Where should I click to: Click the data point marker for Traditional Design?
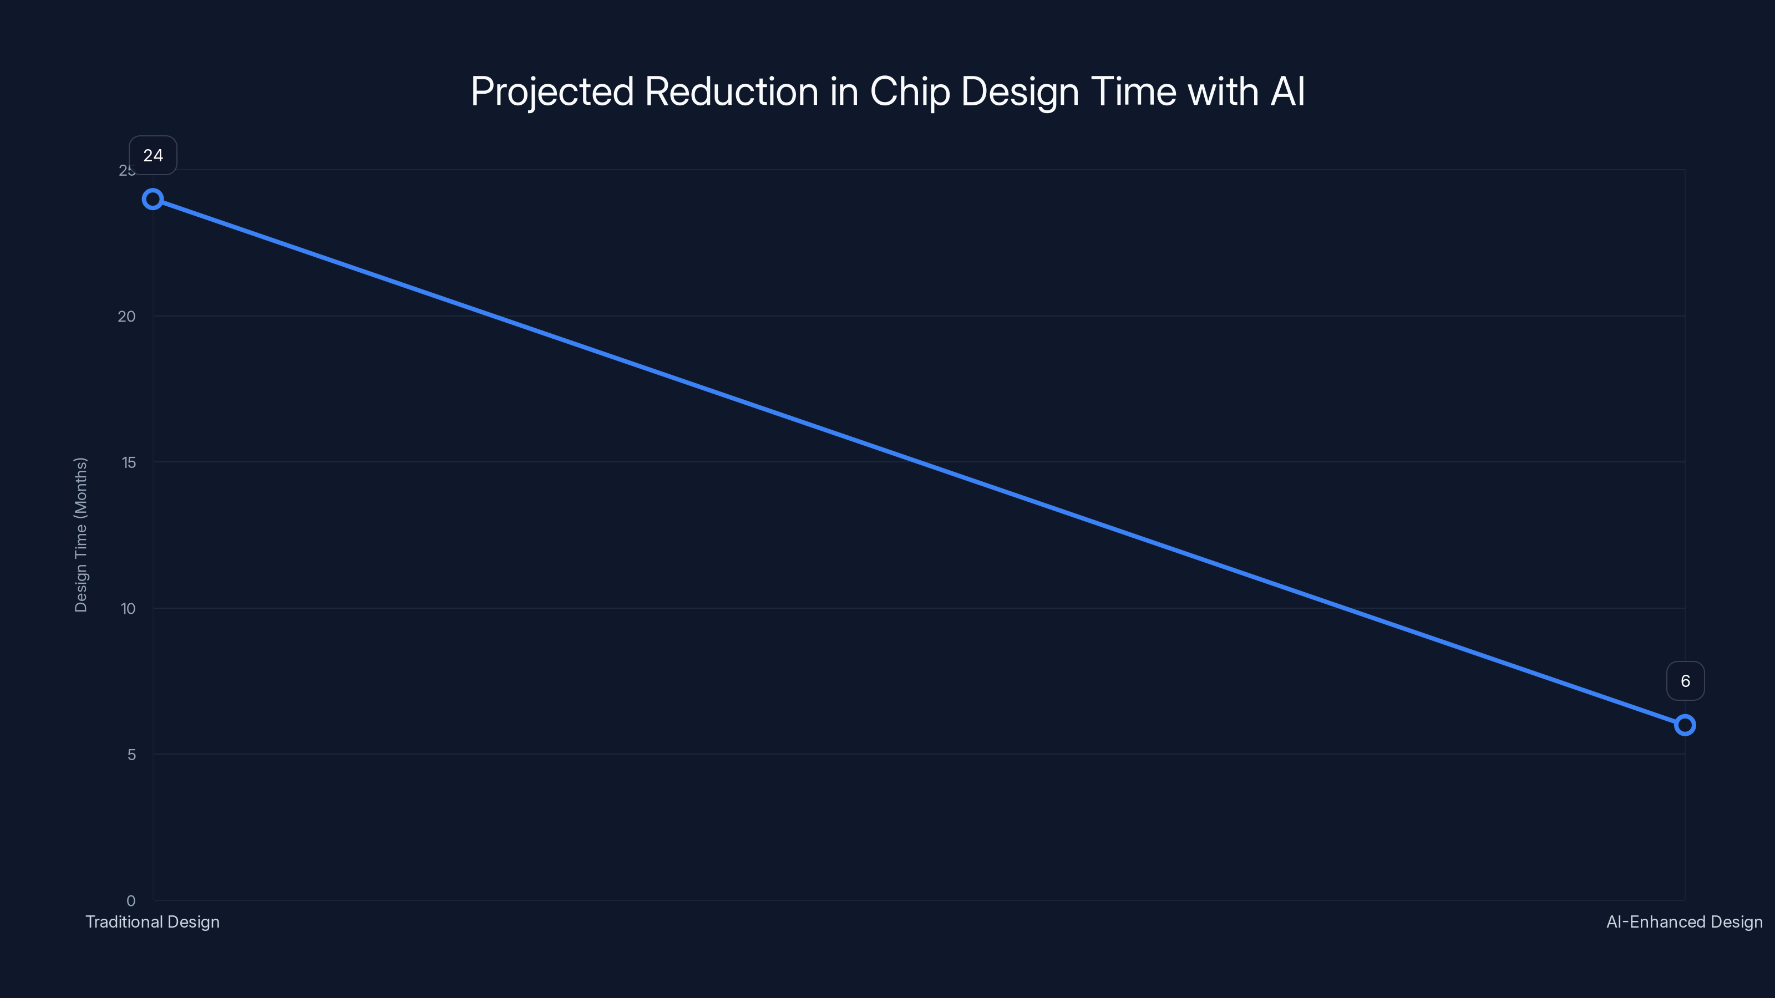click(153, 200)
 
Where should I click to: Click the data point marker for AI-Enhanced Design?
click(1685, 725)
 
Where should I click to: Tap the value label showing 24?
click(153, 156)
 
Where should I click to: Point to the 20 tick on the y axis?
click(127, 317)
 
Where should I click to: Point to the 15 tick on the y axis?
click(129, 463)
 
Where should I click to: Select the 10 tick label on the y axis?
click(128, 609)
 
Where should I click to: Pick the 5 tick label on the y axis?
click(131, 755)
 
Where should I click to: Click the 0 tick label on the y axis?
click(131, 901)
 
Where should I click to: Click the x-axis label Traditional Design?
click(153, 922)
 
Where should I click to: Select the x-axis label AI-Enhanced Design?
click(1685, 922)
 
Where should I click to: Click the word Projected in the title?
click(552, 92)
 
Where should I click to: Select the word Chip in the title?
click(910, 92)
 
